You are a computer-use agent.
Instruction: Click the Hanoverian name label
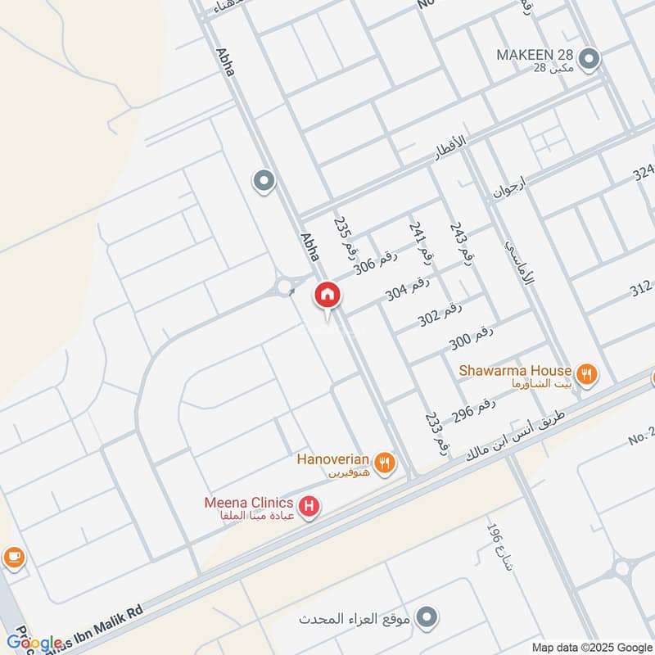tap(333, 460)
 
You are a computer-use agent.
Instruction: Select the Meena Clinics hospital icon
tap(309, 508)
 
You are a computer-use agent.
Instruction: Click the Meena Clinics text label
tap(249, 502)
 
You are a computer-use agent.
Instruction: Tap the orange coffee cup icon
tap(14, 558)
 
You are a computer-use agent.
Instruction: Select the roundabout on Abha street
tap(285, 287)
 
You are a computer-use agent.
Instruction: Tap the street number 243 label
tap(462, 242)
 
